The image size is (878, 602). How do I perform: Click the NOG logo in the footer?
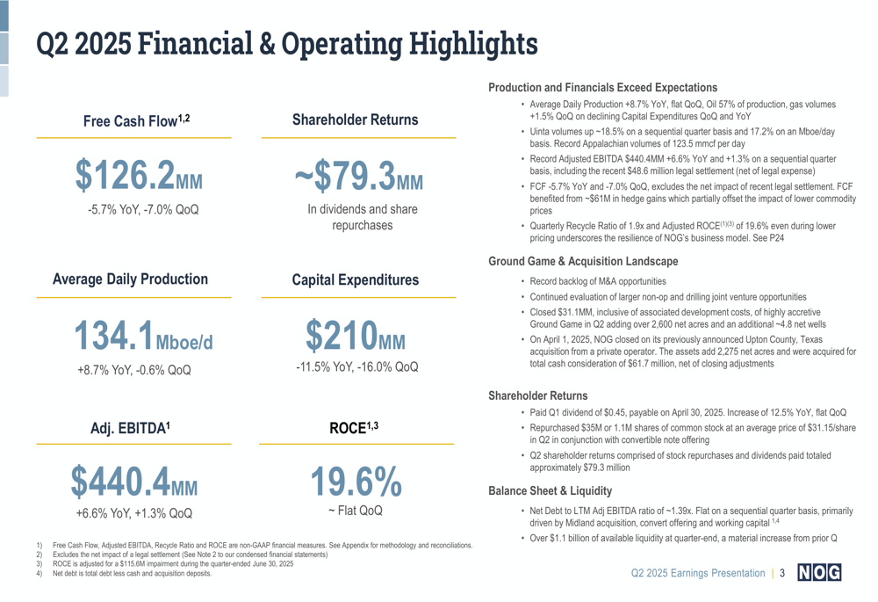pos(818,574)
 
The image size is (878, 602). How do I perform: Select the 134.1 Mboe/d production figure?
pos(142,334)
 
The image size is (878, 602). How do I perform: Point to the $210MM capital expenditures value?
pos(356,334)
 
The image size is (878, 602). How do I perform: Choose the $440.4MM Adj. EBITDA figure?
pos(134,481)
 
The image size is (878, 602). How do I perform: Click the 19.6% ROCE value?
pos(356,481)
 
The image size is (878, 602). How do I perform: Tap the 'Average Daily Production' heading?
pos(131,279)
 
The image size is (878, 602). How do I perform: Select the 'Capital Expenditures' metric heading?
pos(355,280)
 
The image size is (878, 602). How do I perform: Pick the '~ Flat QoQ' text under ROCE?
pos(356,510)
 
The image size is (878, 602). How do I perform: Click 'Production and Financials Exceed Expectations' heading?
pos(602,88)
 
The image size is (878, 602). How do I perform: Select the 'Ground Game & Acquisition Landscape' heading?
pos(582,262)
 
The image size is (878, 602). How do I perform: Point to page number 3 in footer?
pos(782,574)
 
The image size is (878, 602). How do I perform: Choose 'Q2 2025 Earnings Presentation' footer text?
pos(698,574)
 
